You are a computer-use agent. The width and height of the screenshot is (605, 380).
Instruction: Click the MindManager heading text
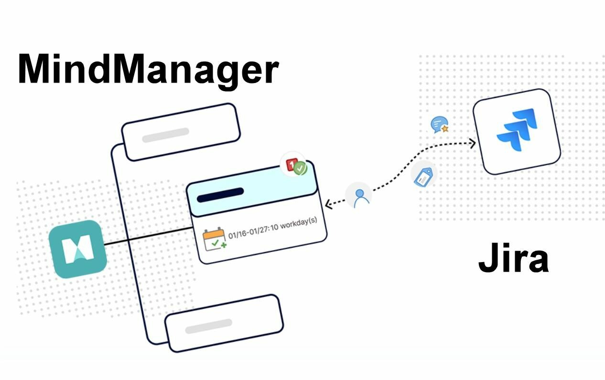[x=148, y=70]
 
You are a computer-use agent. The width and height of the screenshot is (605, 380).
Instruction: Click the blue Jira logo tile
[x=516, y=131]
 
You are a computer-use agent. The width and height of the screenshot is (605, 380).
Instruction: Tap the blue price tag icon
[x=424, y=176]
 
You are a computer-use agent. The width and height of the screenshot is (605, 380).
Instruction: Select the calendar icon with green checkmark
[x=214, y=239]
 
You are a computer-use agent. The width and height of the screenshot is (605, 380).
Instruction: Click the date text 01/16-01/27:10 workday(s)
[x=272, y=229]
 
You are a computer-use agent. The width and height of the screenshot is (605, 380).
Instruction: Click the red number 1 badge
[x=291, y=165]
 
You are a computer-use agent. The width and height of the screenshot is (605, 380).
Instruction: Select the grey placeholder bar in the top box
[x=165, y=135]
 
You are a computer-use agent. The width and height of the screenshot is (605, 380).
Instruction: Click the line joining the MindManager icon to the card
[x=148, y=237]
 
